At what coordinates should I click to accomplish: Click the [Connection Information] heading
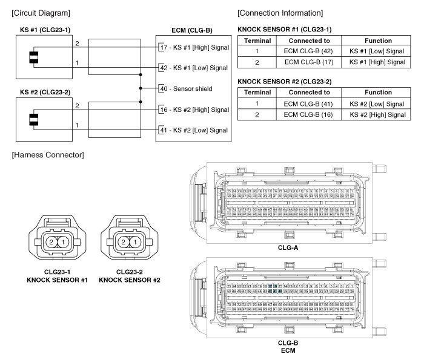pos(280,13)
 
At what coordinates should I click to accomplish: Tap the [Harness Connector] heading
pos(47,155)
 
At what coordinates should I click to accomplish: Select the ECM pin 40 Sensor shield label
pos(185,88)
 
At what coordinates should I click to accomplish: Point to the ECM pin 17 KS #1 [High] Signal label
pos(193,47)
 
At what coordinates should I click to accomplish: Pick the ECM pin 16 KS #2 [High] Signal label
pos(193,110)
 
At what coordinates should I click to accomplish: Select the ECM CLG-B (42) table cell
pos(309,51)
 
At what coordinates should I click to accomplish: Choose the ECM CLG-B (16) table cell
pos(309,114)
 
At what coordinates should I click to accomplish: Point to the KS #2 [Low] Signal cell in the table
pos(377,104)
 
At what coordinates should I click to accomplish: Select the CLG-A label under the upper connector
pos(288,247)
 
